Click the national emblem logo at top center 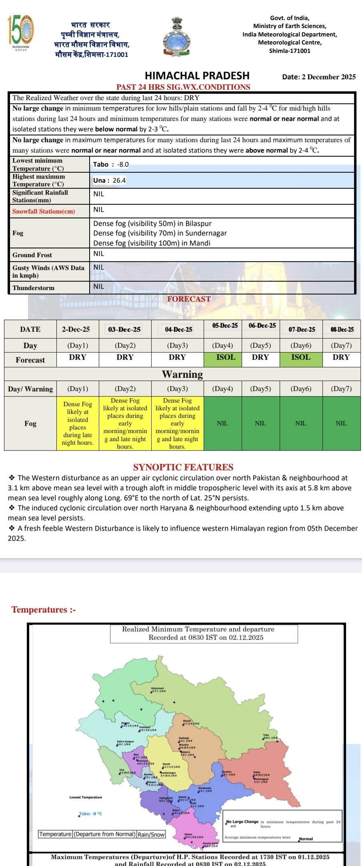(177, 36)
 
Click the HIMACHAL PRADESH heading (197, 76)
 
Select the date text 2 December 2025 (318, 77)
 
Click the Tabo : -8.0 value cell (111, 164)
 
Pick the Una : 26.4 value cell (110, 180)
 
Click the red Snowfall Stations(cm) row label (44, 211)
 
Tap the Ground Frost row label (32, 255)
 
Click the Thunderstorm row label (33, 288)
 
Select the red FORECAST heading (189, 299)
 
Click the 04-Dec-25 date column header (178, 329)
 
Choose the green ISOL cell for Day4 (226, 357)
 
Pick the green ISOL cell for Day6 (301, 357)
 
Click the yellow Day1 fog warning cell (78, 423)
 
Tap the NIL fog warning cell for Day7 (341, 423)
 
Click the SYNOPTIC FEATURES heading (183, 467)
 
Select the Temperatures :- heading (44, 610)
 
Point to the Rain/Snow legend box (151, 834)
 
